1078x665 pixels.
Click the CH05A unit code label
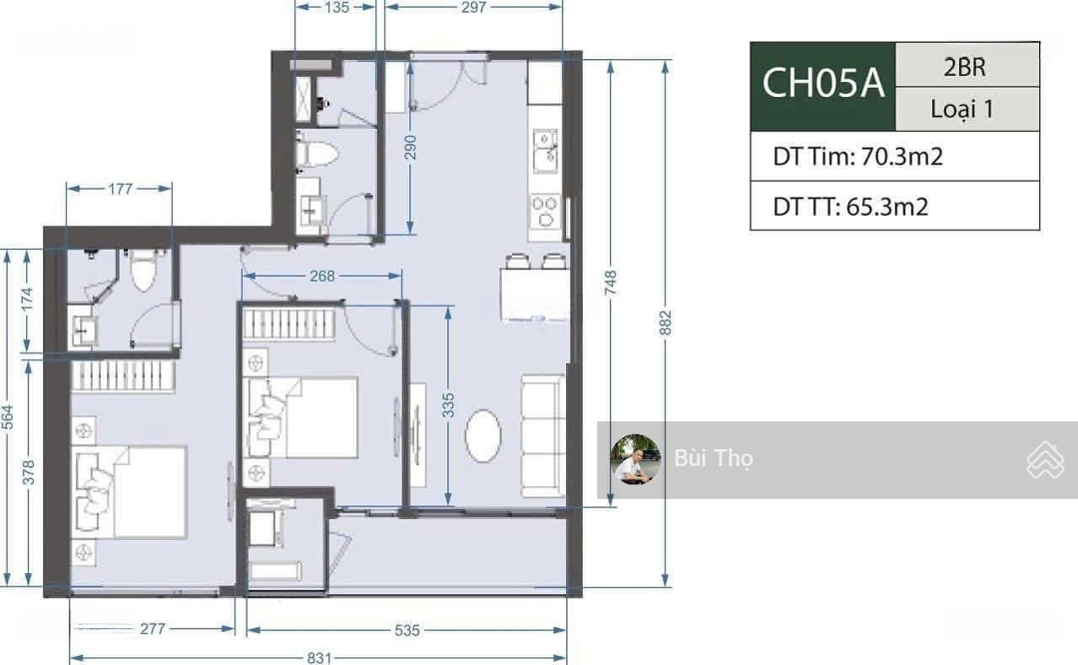[x=822, y=84]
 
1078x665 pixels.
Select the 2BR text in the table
[x=964, y=67]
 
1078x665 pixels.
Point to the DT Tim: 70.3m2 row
[x=857, y=157]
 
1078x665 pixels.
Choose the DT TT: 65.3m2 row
[x=850, y=207]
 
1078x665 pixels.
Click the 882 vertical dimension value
[x=665, y=323]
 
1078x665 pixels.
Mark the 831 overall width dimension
[x=319, y=657]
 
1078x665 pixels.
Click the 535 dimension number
[x=407, y=630]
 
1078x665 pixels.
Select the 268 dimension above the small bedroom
[x=321, y=276]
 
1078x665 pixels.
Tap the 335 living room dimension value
[x=448, y=405]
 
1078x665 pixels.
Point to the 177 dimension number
[x=120, y=189]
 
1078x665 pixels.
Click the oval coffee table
[x=483, y=436]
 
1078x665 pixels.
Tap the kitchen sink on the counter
[x=546, y=150]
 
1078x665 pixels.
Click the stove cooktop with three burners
[x=546, y=212]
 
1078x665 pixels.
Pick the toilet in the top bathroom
[x=317, y=154]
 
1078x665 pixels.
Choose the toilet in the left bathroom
[x=144, y=271]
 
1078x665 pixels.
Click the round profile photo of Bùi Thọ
[x=636, y=459]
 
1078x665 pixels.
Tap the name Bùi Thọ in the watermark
[x=714, y=458]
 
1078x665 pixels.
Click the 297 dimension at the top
[x=474, y=7]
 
